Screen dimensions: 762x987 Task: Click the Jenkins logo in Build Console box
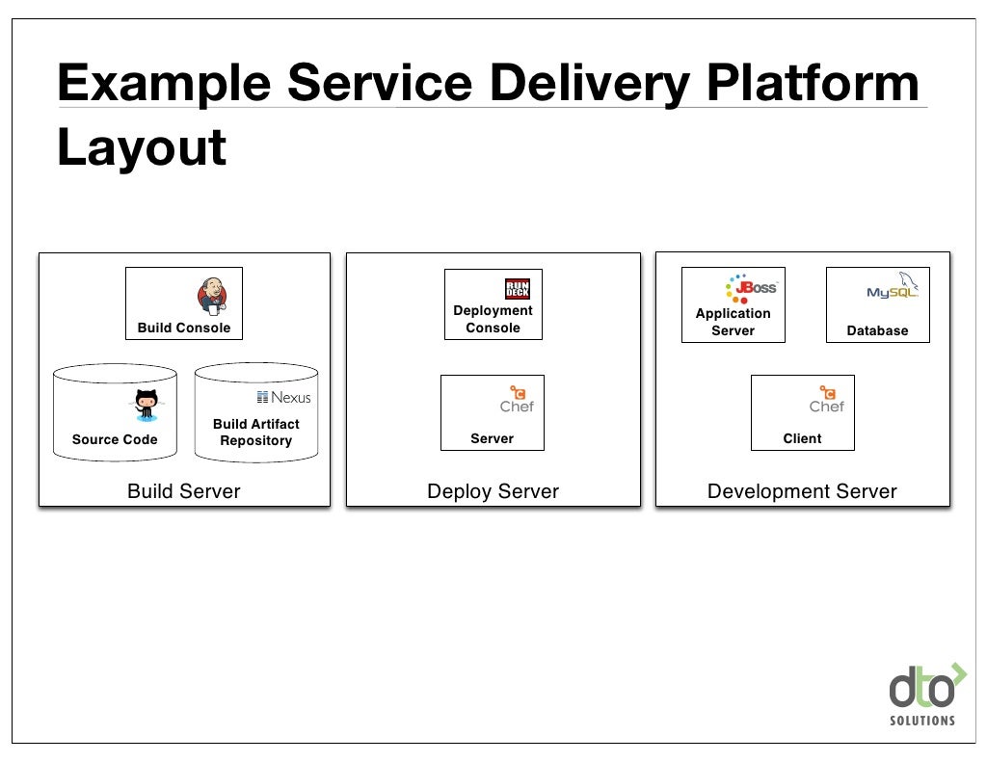[213, 296]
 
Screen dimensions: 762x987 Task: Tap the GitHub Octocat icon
[147, 404]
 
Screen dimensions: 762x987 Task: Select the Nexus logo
[284, 397]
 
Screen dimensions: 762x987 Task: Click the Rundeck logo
[518, 289]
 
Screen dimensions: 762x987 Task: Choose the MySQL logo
[894, 288]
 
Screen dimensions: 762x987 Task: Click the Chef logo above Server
[517, 400]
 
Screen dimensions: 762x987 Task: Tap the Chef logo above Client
[826, 400]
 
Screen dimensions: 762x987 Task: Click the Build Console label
[184, 328]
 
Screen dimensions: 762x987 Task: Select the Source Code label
[115, 439]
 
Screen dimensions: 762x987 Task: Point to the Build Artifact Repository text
[255, 432]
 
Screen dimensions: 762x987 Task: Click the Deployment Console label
[493, 319]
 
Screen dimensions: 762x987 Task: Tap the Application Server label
[733, 322]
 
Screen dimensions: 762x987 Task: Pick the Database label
[877, 330]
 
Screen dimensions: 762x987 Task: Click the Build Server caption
[184, 491]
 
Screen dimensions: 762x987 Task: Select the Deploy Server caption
[493, 491]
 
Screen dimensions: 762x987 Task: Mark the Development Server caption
[802, 491]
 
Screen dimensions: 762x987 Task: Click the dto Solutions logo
[922, 695]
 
